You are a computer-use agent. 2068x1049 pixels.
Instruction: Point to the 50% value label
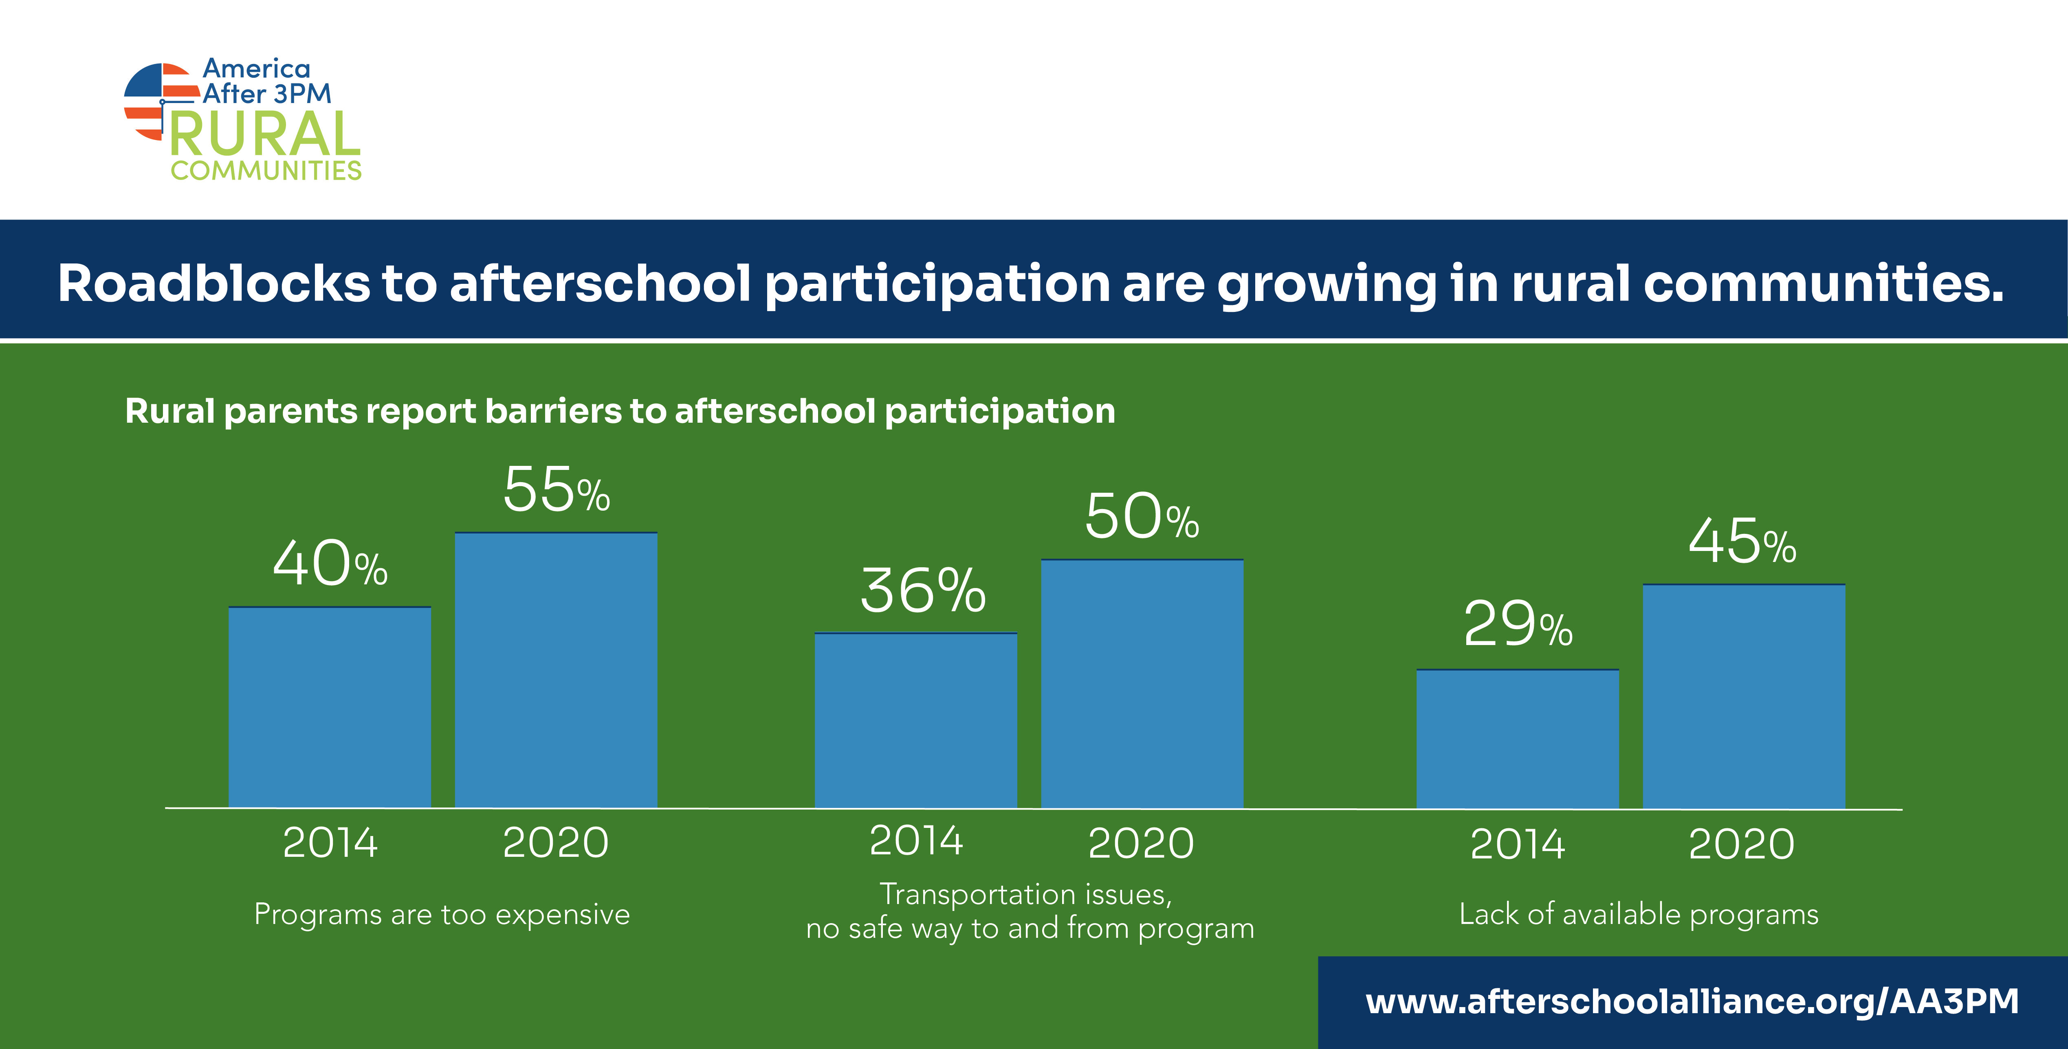1142,516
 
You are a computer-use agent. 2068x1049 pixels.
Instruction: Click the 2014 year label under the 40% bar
330,843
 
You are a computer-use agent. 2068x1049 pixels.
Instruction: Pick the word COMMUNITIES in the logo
266,170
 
